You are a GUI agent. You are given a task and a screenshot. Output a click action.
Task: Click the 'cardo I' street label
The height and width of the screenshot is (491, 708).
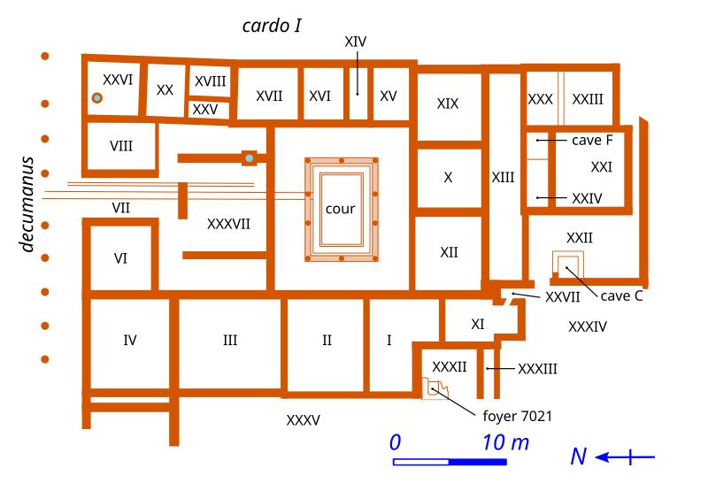click(x=273, y=26)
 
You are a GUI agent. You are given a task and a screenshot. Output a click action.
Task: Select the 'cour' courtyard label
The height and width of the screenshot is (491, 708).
click(x=340, y=209)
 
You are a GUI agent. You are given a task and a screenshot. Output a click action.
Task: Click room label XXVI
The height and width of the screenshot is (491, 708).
click(x=118, y=80)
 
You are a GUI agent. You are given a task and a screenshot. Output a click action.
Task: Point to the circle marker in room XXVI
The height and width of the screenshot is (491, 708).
click(x=97, y=97)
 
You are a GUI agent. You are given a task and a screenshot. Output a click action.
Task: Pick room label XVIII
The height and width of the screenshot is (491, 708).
click(x=210, y=81)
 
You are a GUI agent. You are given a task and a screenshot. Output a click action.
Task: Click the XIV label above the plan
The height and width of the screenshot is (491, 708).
click(x=356, y=41)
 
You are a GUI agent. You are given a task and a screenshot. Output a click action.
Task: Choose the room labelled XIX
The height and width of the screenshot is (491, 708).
click(x=448, y=104)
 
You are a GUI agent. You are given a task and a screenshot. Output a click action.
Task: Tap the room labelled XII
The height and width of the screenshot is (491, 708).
click(x=449, y=252)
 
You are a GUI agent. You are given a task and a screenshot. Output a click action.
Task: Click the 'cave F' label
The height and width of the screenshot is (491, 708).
click(x=592, y=140)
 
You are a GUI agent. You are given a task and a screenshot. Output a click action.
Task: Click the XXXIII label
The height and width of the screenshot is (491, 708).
click(x=537, y=368)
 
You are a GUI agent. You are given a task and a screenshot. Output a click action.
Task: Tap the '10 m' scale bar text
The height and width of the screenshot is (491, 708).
click(x=505, y=442)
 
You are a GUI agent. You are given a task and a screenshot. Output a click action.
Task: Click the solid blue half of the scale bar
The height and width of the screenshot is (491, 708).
click(x=478, y=462)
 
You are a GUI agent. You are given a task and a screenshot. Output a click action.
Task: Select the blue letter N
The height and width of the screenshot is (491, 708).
click(x=578, y=456)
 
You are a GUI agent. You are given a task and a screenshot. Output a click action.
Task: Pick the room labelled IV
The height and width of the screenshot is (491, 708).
click(x=130, y=340)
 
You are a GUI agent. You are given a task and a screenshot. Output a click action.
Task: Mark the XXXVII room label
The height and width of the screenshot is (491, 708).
click(x=228, y=224)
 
